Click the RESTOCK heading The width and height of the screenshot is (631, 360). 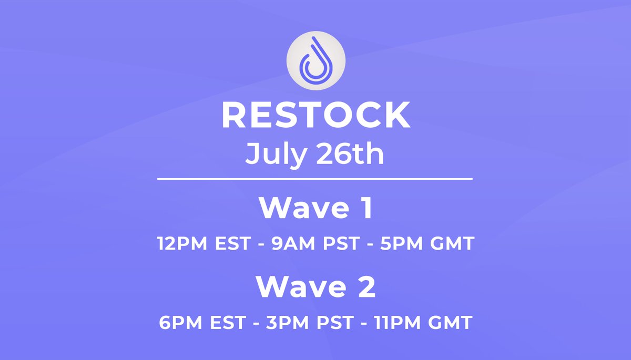[315, 116]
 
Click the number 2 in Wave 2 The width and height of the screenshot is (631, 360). [367, 287]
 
